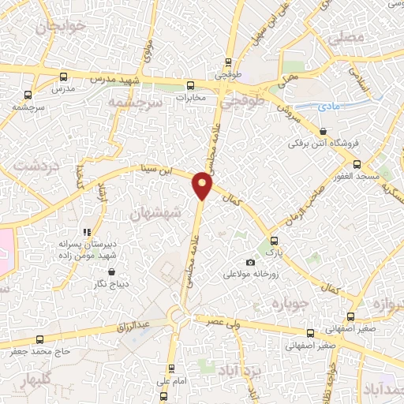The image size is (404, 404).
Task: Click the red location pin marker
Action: [203, 185]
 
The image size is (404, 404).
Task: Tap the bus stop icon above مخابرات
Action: [189, 85]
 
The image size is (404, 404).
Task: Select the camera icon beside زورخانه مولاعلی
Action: [251, 262]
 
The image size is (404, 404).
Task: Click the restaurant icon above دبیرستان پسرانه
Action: [87, 232]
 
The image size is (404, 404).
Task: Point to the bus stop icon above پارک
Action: [274, 241]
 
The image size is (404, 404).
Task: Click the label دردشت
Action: [32, 166]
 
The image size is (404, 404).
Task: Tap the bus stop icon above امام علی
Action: [172, 368]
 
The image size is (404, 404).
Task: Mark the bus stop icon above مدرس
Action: [62, 77]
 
